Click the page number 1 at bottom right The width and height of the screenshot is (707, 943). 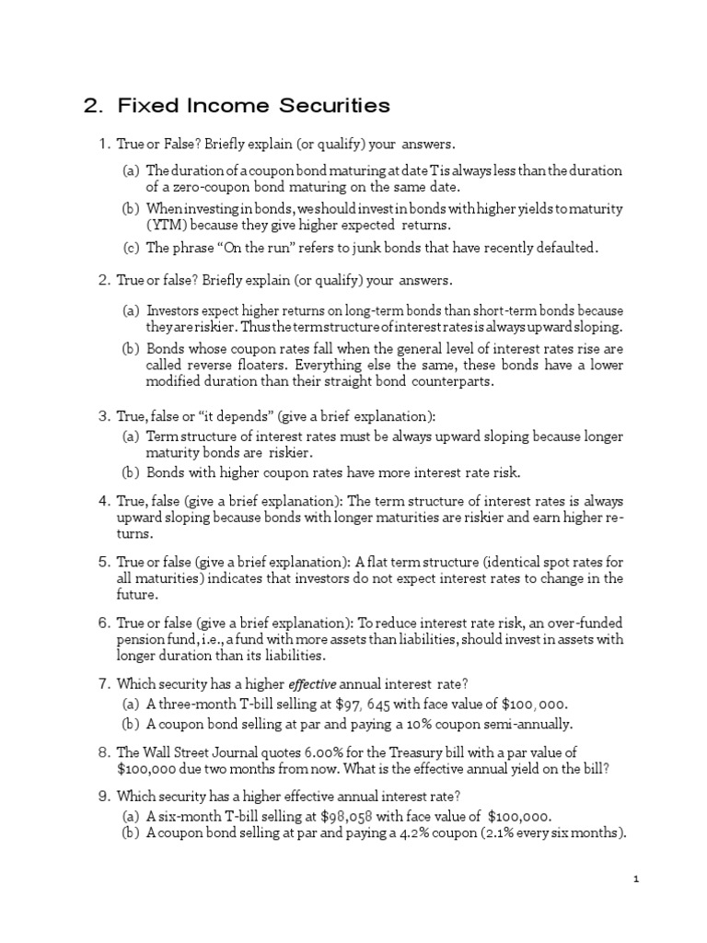pyautogui.click(x=636, y=879)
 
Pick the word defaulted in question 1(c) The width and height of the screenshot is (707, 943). pyautogui.click(x=566, y=248)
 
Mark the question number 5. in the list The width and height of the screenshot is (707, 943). pyautogui.click(x=104, y=562)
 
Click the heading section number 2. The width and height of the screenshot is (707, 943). pyautogui.click(x=90, y=106)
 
